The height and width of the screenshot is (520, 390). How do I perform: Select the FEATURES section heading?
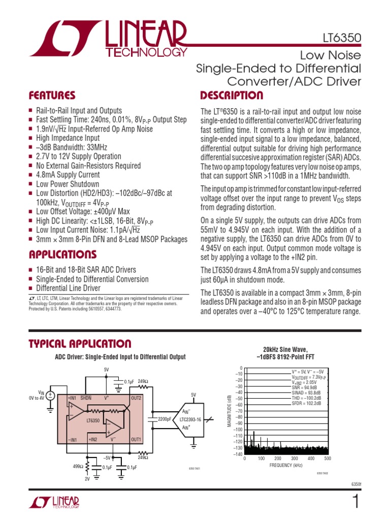tap(52, 95)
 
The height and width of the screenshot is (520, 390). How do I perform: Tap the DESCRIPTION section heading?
tap(232, 95)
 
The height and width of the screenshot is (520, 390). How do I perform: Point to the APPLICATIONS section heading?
tap(62, 254)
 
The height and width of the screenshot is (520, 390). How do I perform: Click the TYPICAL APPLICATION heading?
tap(80, 344)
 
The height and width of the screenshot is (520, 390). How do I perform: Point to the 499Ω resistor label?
tap(77, 465)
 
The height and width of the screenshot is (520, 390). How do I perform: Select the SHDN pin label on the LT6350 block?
tap(86, 398)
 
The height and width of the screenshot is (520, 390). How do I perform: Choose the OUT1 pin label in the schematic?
tap(136, 439)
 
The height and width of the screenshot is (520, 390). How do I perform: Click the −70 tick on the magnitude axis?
tap(237, 411)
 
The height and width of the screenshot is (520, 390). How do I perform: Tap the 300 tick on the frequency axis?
tap(294, 459)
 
